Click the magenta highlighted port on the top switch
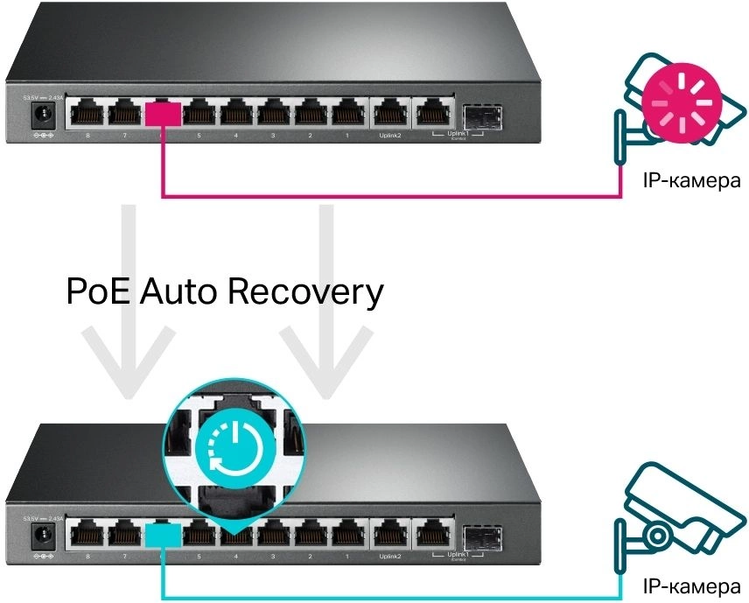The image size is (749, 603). pyautogui.click(x=163, y=113)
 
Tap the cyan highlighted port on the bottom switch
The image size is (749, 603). pyautogui.click(x=163, y=533)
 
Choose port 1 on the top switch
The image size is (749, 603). pyautogui.click(x=347, y=113)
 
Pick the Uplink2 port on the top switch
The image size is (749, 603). pyautogui.click(x=389, y=113)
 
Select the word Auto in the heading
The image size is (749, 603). pyautogui.click(x=183, y=291)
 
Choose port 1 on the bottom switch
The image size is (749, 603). pyautogui.click(x=347, y=533)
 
